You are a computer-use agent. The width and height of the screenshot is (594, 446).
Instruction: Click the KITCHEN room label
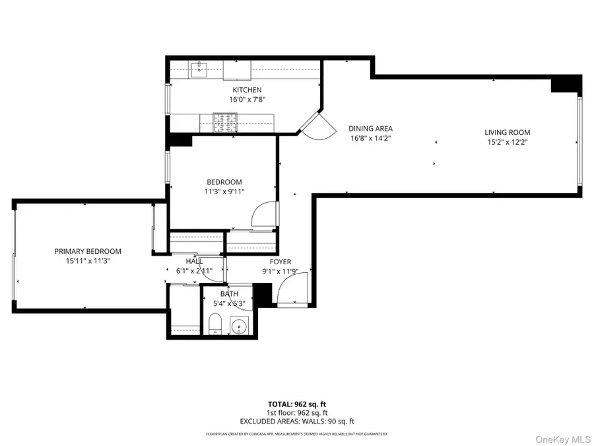pyautogui.click(x=247, y=90)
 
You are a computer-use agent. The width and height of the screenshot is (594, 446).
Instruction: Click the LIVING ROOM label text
pyautogui.click(x=507, y=132)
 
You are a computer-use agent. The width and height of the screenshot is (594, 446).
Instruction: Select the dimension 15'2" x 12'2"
pyautogui.click(x=507, y=142)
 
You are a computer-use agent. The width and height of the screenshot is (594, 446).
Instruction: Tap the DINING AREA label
pyautogui.click(x=371, y=128)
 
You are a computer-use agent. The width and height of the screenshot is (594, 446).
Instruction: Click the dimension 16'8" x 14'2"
pyautogui.click(x=371, y=138)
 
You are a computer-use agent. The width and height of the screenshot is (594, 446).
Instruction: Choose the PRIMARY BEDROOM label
pyautogui.click(x=88, y=251)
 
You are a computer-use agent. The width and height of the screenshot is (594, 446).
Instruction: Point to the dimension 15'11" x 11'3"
pyautogui.click(x=88, y=261)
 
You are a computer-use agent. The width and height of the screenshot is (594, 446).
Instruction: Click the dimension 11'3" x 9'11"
pyautogui.click(x=224, y=192)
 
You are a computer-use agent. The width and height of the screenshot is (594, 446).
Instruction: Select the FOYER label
pyautogui.click(x=280, y=262)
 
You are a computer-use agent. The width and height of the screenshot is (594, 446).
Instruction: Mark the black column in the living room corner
pyautogui.click(x=566, y=84)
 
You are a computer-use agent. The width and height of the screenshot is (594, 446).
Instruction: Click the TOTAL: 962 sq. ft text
pyautogui.click(x=296, y=404)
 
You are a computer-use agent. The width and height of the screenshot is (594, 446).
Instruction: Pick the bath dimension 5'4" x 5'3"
pyautogui.click(x=230, y=304)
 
